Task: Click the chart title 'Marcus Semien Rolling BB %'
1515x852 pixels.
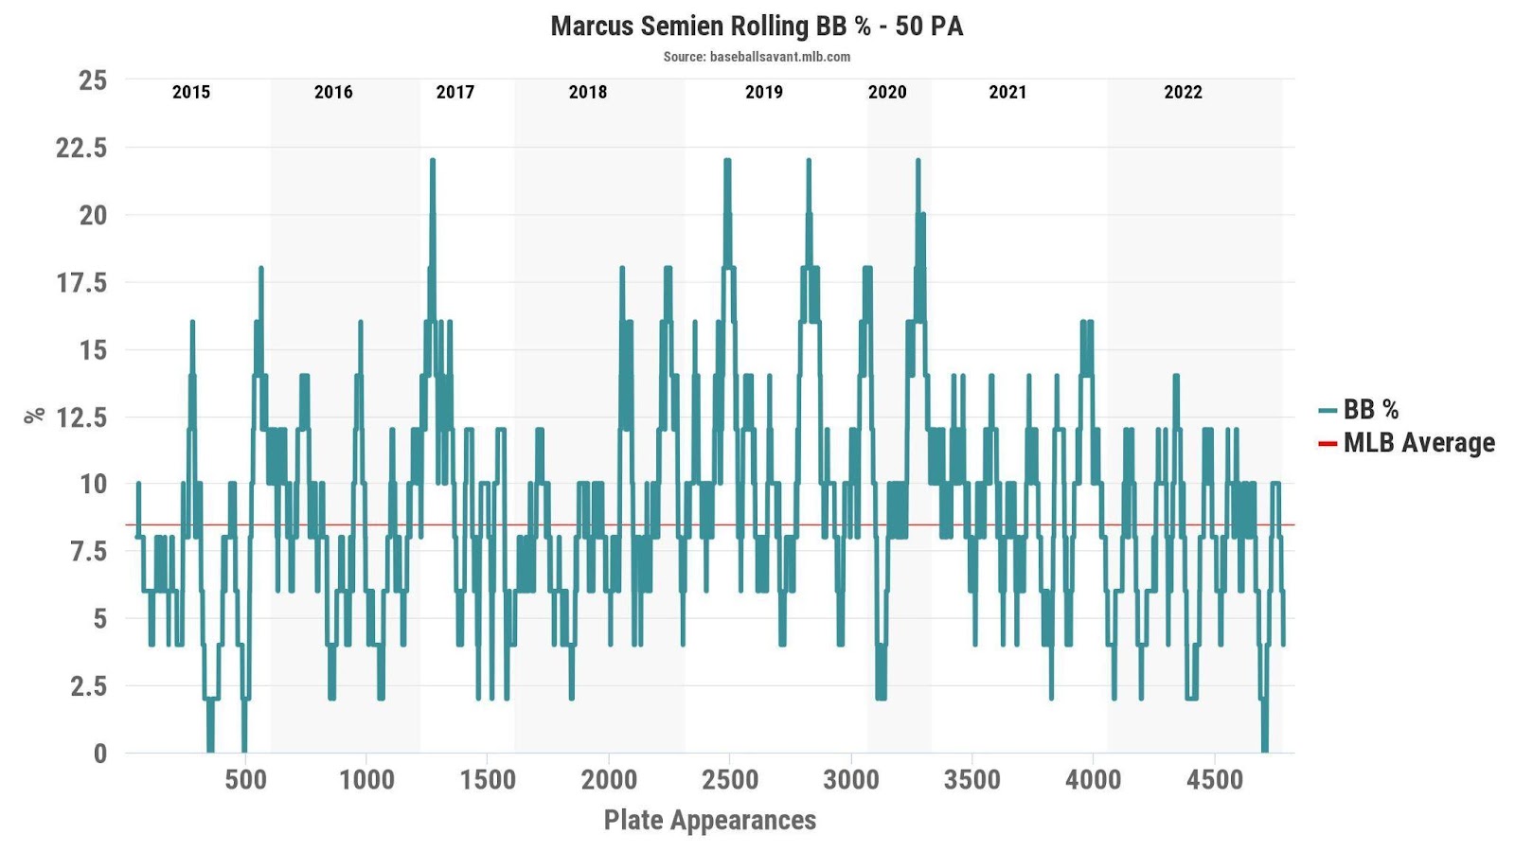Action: click(x=757, y=26)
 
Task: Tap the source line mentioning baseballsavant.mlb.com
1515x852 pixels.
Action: click(x=757, y=57)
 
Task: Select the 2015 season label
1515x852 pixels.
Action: click(x=191, y=92)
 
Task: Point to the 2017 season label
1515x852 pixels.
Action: click(x=454, y=92)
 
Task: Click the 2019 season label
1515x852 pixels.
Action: click(x=764, y=92)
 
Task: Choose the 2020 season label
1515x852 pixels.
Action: click(x=887, y=92)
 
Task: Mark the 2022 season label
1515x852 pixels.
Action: click(x=1183, y=92)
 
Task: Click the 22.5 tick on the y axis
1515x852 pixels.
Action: click(x=81, y=148)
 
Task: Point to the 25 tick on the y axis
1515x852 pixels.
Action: click(x=93, y=80)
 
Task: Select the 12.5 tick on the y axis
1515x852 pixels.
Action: click(x=81, y=417)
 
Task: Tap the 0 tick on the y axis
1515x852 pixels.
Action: click(x=100, y=754)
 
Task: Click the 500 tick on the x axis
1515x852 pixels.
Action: click(x=245, y=780)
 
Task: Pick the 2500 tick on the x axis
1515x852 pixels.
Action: click(x=729, y=780)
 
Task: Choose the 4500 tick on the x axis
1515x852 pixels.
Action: click(x=1214, y=780)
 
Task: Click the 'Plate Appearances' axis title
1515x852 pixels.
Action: click(x=709, y=820)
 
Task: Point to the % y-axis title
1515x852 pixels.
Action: click(x=35, y=415)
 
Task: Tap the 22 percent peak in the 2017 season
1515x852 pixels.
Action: click(x=433, y=161)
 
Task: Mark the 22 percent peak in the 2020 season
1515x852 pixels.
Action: click(x=918, y=161)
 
